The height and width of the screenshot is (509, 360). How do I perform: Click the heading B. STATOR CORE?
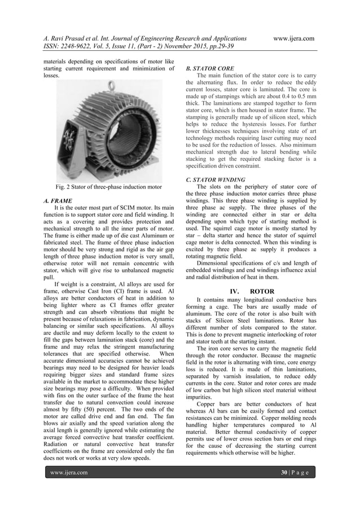tap(210, 68)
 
